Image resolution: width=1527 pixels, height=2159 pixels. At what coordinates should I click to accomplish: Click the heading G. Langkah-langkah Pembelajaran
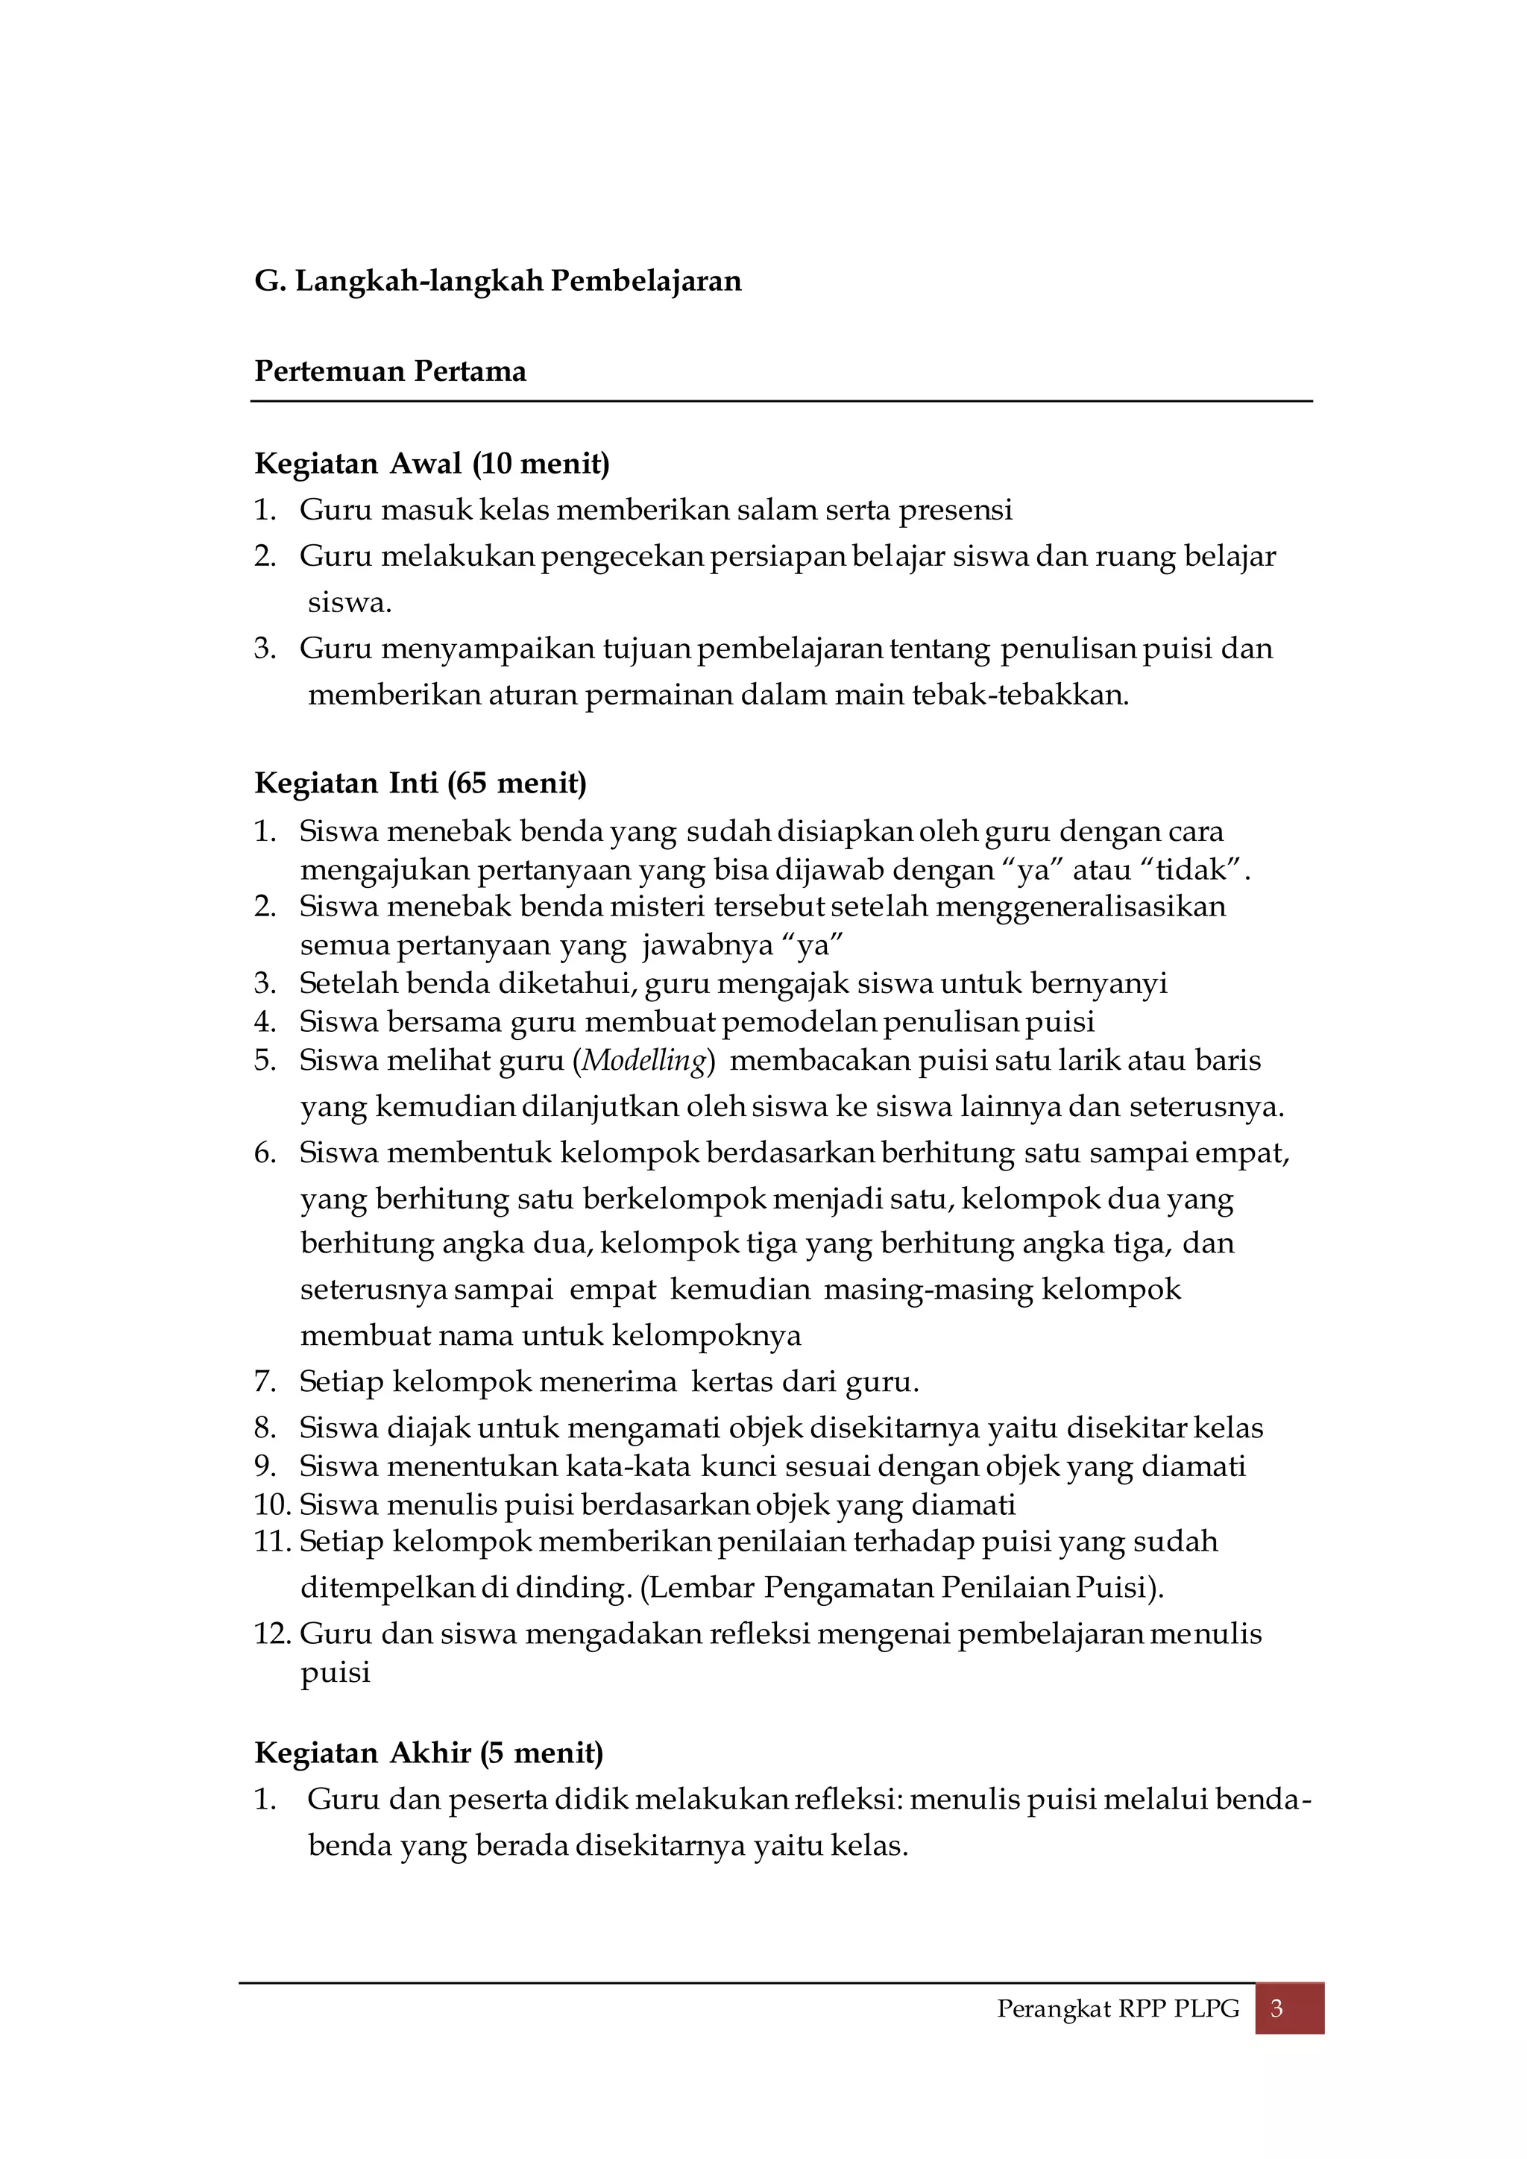pos(497,281)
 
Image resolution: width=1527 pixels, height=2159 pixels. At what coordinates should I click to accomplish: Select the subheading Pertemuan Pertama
pos(390,371)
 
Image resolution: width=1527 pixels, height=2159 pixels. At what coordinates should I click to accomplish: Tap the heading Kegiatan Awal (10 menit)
pos(432,464)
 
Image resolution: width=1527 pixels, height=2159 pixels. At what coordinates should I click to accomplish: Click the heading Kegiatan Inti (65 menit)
pos(421,784)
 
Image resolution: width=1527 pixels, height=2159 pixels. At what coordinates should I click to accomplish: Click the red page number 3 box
pos(1288,2009)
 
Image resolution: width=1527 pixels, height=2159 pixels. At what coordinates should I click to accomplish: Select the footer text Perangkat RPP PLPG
pos(1118,2009)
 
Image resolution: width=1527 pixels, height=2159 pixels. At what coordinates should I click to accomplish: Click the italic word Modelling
pos(644,1061)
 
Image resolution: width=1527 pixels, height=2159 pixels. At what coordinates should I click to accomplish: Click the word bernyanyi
pos(1098,983)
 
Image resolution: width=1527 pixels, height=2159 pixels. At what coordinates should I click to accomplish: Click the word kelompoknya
pos(706,1335)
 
